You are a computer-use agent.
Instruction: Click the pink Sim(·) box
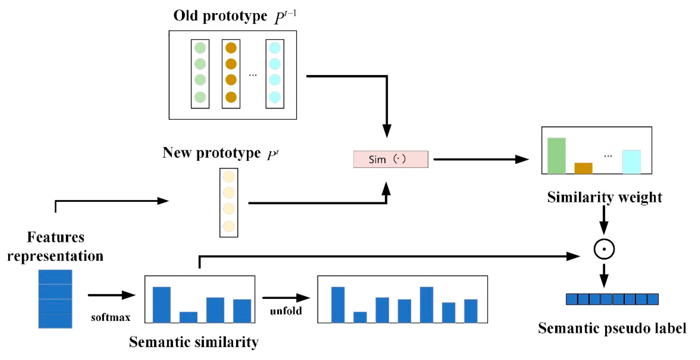tap(390, 159)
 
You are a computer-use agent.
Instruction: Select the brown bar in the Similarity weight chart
tap(583, 168)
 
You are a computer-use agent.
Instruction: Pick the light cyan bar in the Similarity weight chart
tap(631, 162)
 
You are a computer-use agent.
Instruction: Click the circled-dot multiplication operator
tap(604, 249)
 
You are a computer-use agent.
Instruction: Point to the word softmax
tap(111, 317)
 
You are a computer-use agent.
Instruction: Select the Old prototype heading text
tap(220, 16)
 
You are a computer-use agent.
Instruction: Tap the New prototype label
tap(212, 153)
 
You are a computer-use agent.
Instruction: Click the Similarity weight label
tap(604, 197)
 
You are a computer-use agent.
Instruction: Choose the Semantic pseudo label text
tap(612, 328)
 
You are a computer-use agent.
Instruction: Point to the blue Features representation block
tap(55, 299)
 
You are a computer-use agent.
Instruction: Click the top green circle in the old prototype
tap(200, 48)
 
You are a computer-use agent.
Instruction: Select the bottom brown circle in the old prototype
tap(231, 97)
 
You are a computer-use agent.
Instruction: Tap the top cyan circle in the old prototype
tap(275, 48)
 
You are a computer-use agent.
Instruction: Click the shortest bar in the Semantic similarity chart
tap(188, 317)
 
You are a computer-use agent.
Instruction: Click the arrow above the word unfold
tap(286, 298)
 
